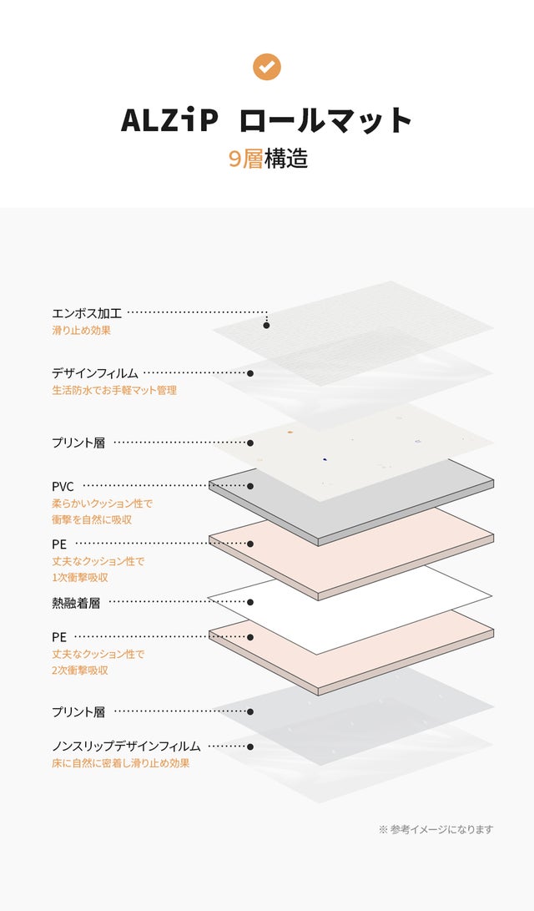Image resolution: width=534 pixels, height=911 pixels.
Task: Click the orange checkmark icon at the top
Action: click(266, 67)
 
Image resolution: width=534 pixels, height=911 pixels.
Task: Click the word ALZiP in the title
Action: click(169, 120)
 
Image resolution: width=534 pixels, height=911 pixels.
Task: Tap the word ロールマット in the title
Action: click(326, 120)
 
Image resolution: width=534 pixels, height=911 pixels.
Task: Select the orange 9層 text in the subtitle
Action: click(246, 159)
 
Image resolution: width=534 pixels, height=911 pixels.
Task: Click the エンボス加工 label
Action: click(87, 313)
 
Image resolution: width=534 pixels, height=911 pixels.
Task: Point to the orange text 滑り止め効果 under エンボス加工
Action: click(81, 330)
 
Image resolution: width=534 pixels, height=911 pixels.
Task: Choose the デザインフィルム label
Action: click(95, 373)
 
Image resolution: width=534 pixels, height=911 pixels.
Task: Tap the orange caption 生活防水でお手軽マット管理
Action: click(114, 390)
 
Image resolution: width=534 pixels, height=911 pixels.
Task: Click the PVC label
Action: click(63, 485)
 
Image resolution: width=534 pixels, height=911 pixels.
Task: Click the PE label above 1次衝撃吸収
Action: click(58, 544)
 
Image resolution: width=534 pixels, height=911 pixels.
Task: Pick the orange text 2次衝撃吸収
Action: click(80, 670)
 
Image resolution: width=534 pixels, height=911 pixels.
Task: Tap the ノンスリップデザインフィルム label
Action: click(126, 746)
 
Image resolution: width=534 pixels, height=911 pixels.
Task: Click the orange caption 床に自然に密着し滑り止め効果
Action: click(120, 762)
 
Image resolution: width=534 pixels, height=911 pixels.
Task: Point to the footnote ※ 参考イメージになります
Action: click(436, 829)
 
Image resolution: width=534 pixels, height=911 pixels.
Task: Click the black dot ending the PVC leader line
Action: click(250, 485)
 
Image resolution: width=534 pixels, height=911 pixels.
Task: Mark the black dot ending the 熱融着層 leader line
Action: click(250, 602)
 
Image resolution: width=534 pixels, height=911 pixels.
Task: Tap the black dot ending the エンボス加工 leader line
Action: click(266, 325)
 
